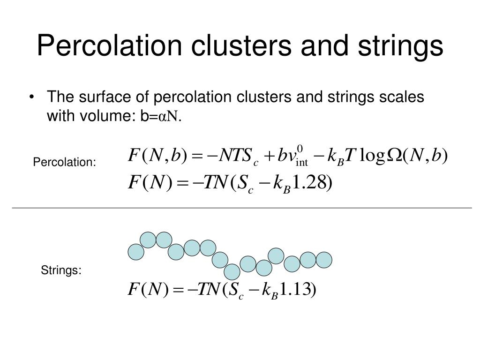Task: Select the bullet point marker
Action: (x=31, y=97)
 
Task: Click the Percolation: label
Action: (x=64, y=162)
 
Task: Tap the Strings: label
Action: (x=61, y=270)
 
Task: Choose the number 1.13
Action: (x=296, y=289)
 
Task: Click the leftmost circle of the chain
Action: (x=136, y=252)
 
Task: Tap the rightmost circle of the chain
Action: (x=323, y=260)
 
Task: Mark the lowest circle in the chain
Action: (x=232, y=272)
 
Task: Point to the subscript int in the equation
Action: (x=302, y=163)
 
